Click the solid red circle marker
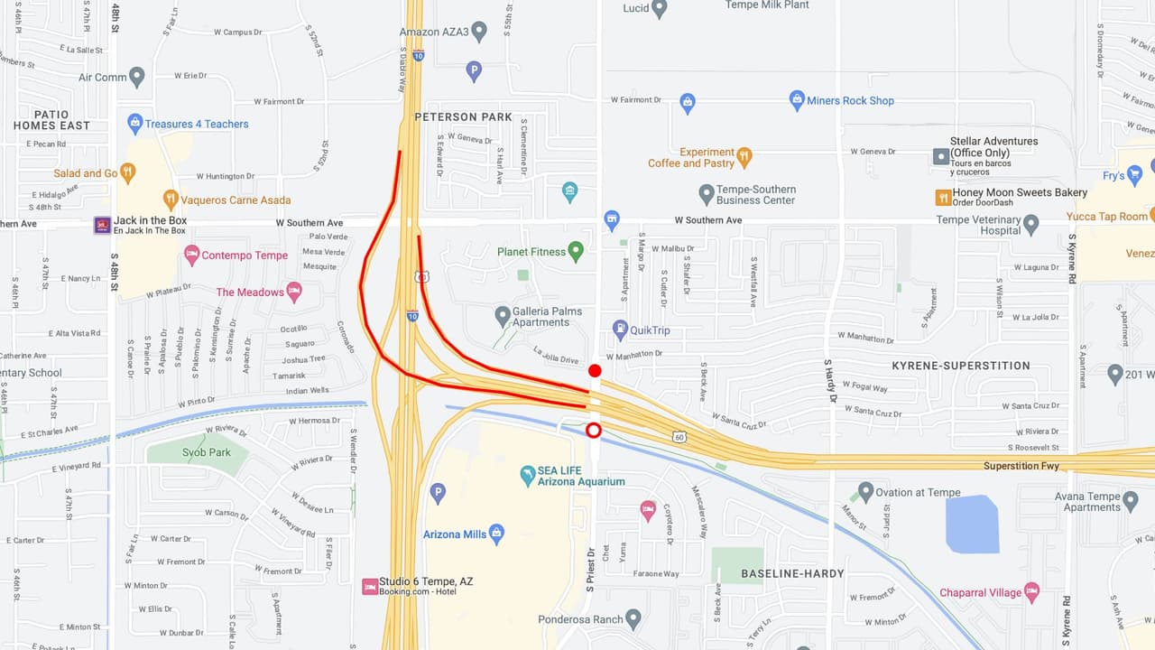tap(595, 371)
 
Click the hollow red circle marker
tap(594, 430)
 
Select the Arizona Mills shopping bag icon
tap(496, 534)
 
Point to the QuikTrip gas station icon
tap(620, 330)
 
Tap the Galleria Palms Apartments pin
tap(503, 316)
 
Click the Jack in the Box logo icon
tap(103, 225)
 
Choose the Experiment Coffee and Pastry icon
tap(744, 156)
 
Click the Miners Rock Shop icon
tap(797, 100)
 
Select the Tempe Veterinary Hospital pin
tap(1031, 224)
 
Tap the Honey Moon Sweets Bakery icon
tap(943, 197)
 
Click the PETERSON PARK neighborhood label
tap(463, 116)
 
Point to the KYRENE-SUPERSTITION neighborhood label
tap(960, 366)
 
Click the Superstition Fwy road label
tap(1021, 466)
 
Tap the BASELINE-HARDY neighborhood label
tap(792, 573)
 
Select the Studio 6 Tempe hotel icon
tap(369, 587)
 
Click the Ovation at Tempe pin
tap(865, 492)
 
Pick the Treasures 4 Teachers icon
tap(135, 123)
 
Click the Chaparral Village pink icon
tap(1031, 592)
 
